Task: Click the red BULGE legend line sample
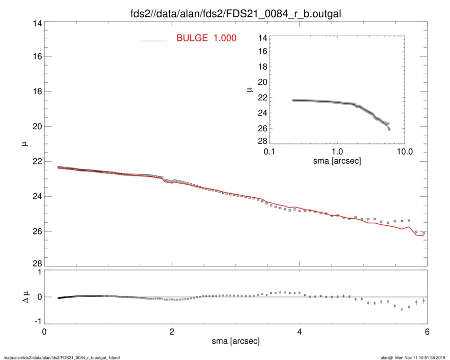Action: (x=153, y=40)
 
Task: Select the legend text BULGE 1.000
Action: (x=206, y=38)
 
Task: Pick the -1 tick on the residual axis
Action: (x=36, y=321)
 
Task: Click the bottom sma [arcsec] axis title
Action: (x=235, y=341)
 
